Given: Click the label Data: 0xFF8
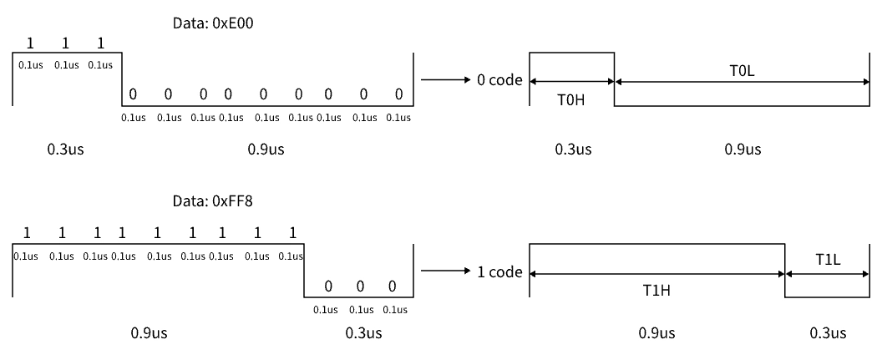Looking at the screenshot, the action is click(x=213, y=201).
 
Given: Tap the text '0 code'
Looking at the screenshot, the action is click(x=499, y=80).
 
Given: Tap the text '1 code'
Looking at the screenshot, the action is click(x=499, y=272).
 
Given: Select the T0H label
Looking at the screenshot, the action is click(x=571, y=100).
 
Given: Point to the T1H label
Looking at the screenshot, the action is click(x=656, y=291).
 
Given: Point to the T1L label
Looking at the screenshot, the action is click(x=828, y=259).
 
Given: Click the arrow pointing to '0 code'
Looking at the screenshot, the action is click(x=445, y=80).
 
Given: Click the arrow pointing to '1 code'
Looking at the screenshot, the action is click(x=445, y=271).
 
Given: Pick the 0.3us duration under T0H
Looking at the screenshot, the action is click(x=573, y=150).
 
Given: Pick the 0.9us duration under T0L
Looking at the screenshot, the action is click(x=743, y=150).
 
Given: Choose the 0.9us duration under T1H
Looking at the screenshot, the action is click(x=656, y=333).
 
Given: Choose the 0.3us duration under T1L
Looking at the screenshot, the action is click(x=828, y=333).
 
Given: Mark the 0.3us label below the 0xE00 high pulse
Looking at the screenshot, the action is click(x=65, y=150).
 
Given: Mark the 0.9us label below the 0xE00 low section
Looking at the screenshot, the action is click(x=266, y=150).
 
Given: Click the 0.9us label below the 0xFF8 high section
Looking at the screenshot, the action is click(x=149, y=333).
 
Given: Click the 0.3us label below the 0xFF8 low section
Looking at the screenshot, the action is click(x=363, y=333).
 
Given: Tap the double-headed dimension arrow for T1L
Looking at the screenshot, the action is click(x=827, y=274).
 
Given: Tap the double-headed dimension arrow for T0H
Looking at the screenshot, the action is click(x=572, y=82).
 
